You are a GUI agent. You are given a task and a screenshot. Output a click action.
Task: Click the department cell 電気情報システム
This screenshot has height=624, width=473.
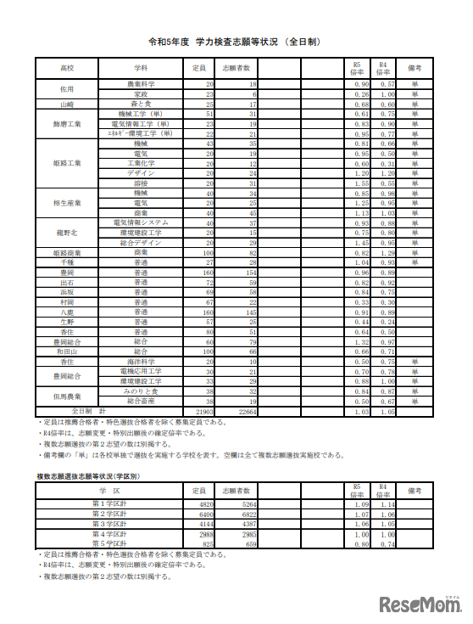point(141,222)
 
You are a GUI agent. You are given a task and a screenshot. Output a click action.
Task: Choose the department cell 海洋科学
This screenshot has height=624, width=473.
point(141,361)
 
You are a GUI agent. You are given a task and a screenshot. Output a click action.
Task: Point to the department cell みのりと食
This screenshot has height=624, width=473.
point(141,391)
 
